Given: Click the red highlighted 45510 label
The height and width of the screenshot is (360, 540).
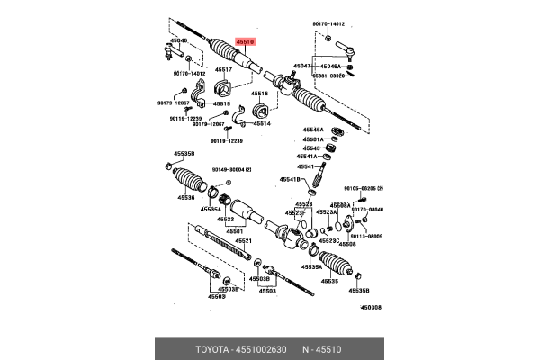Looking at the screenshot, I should pyautogui.click(x=245, y=41).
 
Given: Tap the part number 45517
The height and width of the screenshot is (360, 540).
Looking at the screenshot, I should pyautogui.click(x=223, y=69).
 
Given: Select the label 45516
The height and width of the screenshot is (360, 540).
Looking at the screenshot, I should pyautogui.click(x=259, y=93).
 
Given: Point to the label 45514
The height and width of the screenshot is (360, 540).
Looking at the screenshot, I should pyautogui.click(x=262, y=123).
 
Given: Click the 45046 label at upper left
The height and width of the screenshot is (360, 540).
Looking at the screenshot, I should pyautogui.click(x=180, y=40).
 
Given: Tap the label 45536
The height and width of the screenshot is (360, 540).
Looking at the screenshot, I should pyautogui.click(x=185, y=197).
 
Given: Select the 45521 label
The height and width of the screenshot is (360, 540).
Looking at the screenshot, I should pyautogui.click(x=244, y=241).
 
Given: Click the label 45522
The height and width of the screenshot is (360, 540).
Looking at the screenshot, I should pyautogui.click(x=225, y=219).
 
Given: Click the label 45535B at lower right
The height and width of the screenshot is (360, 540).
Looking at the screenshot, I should pyautogui.click(x=358, y=290).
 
